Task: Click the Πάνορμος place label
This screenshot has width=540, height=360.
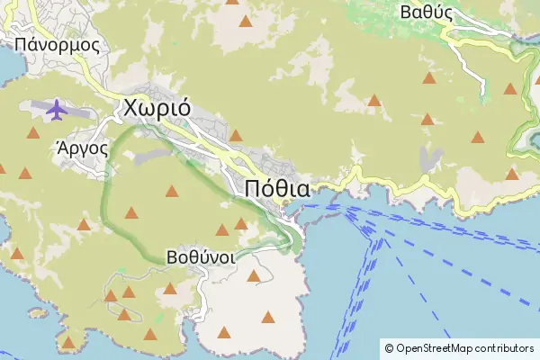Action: pyautogui.click(x=56, y=42)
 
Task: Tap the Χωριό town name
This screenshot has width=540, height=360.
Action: pyautogui.click(x=155, y=107)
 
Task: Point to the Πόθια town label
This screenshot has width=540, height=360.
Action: pyautogui.click(x=277, y=189)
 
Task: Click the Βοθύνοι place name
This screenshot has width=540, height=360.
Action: pyautogui.click(x=201, y=256)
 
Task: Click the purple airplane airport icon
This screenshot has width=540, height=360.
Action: pyautogui.click(x=57, y=110)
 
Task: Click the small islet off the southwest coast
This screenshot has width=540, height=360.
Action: pyautogui.click(x=36, y=312)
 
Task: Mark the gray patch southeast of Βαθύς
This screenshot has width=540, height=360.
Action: pyautogui.click(x=431, y=158)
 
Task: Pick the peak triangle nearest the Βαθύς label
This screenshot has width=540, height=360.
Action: pyautogui.click(x=429, y=78)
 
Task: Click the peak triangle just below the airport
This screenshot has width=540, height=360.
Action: pyautogui.click(x=34, y=134)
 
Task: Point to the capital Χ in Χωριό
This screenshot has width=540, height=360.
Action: pyautogui.click(x=130, y=107)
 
